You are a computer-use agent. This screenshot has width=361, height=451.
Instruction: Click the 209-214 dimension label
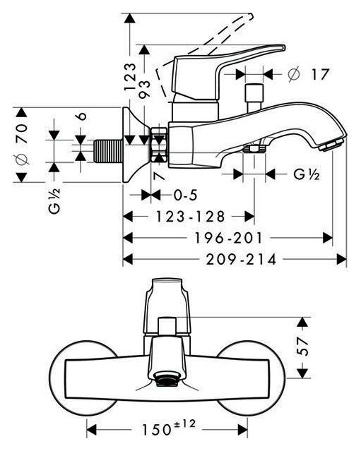click(241, 260)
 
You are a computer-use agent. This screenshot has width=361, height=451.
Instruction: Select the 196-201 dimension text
click(229, 238)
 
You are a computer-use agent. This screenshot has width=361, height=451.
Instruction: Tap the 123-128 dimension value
click(190, 216)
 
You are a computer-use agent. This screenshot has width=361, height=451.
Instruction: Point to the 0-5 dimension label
click(186, 196)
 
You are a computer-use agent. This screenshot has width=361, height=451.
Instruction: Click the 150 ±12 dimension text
click(168, 428)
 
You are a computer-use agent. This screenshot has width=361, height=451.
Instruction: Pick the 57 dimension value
click(302, 347)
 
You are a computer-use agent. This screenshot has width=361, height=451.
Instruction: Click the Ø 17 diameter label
click(308, 74)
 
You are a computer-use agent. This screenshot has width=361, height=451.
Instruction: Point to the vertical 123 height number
click(130, 77)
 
